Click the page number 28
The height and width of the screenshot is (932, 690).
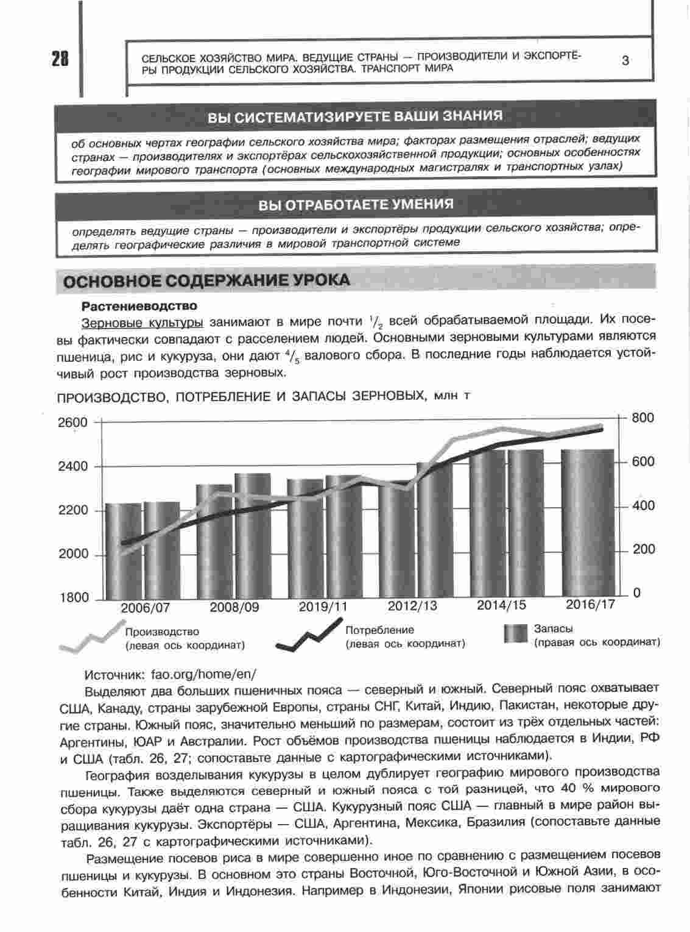[59, 59]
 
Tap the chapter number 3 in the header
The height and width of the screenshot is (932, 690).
[625, 60]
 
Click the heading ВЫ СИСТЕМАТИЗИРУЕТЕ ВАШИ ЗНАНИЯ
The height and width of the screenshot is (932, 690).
[355, 116]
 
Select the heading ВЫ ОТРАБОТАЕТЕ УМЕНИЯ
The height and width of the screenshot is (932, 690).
[356, 204]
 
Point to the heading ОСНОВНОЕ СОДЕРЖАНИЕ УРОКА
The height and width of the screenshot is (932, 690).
[207, 280]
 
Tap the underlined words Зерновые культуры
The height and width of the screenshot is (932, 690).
[141, 321]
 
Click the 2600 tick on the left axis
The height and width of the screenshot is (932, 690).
[74, 422]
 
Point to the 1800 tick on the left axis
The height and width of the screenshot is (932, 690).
[74, 598]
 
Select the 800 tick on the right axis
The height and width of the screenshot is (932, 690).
[642, 418]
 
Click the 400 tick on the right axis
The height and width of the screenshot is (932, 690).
[642, 506]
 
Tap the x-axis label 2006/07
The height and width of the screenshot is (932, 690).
[145, 608]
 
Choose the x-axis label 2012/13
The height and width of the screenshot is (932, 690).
[412, 607]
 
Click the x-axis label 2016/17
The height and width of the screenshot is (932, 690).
[590, 605]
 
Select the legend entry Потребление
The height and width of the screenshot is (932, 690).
[379, 630]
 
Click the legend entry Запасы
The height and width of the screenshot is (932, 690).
[553, 628]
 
